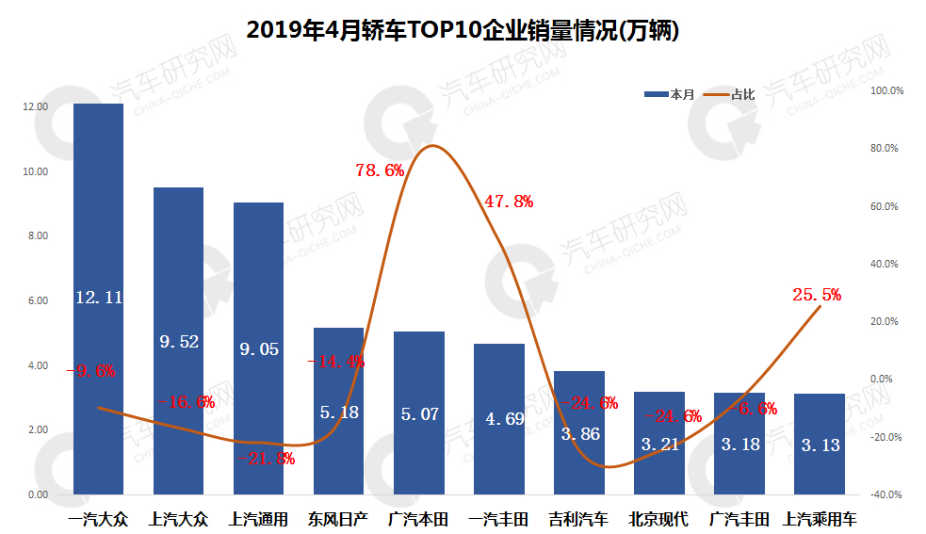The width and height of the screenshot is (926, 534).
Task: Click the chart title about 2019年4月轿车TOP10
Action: tap(463, 30)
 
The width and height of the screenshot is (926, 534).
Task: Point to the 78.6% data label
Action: tap(380, 170)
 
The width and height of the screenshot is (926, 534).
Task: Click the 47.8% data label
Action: tap(509, 201)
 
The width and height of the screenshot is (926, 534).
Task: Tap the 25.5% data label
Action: tap(817, 295)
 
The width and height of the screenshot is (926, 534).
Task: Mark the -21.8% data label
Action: tap(267, 459)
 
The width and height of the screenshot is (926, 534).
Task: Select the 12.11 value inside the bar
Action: tap(99, 298)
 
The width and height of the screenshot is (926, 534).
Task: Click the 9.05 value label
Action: tap(259, 348)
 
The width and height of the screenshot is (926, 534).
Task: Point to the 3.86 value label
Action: tap(579, 434)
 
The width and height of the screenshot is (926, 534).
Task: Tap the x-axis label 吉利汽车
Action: tap(579, 519)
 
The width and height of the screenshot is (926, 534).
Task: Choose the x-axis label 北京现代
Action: tap(659, 519)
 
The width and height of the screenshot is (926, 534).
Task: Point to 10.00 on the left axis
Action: tap(36, 171)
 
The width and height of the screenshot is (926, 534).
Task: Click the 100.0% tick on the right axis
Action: tap(888, 91)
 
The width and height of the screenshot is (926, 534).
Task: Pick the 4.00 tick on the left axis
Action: tap(36, 365)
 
